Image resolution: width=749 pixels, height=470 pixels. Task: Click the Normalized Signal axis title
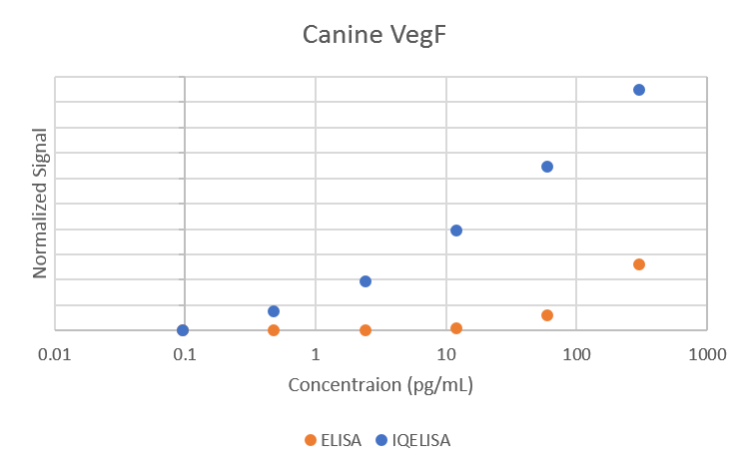coord(41,203)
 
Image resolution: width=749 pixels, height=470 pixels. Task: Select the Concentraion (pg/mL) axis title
coord(380,385)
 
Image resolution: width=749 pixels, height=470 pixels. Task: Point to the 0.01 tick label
coord(54,353)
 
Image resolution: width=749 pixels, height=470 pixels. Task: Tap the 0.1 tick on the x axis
coord(185,353)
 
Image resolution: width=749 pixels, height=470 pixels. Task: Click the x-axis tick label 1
coord(316,353)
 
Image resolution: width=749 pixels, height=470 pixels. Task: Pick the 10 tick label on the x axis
coord(445,353)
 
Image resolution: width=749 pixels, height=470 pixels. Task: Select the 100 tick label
coord(576,353)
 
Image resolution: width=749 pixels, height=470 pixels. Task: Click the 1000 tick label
coord(707,353)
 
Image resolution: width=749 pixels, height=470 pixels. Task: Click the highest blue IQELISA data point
coord(639,90)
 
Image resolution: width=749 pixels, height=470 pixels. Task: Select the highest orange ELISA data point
coord(639,264)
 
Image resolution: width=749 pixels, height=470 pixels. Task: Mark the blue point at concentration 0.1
coord(183,330)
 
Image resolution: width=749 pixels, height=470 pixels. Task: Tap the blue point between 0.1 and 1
coord(274,311)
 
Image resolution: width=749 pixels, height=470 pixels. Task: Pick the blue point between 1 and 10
coord(366,281)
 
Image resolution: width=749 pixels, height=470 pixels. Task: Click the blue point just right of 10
coord(456,231)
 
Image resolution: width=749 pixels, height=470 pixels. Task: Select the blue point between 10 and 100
coord(547,167)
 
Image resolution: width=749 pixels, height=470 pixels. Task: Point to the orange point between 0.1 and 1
coord(274,330)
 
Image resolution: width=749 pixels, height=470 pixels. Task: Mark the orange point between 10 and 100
coord(547,315)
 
